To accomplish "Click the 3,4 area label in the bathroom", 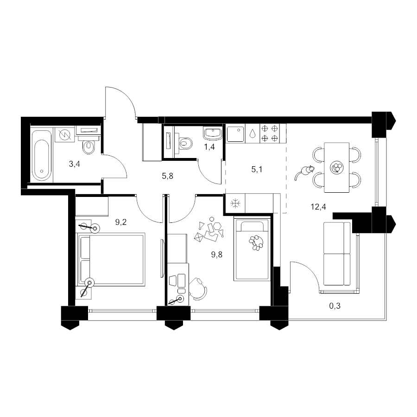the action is pyautogui.click(x=75, y=164).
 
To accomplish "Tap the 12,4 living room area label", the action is pyautogui.click(x=318, y=207).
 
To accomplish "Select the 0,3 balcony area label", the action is pyautogui.click(x=335, y=306).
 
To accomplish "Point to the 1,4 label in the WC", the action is pyautogui.click(x=209, y=147).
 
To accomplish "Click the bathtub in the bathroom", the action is pyautogui.click(x=42, y=154).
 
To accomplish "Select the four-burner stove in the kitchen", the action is pyautogui.click(x=269, y=133).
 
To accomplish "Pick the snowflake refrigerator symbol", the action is pyautogui.click(x=235, y=204).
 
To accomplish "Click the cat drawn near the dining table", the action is pyautogui.click(x=303, y=173).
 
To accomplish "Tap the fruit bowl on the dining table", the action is pyautogui.click(x=337, y=168).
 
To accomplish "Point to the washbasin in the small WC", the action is pyautogui.click(x=213, y=133).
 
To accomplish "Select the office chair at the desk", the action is pyautogui.click(x=198, y=289).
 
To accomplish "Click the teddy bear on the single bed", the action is pyautogui.click(x=257, y=242).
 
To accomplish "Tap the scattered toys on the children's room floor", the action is pyautogui.click(x=209, y=230).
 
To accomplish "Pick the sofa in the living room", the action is pyautogui.click(x=337, y=254).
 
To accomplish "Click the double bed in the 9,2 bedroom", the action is pyautogui.click(x=111, y=259).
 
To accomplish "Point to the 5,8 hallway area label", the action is pyautogui.click(x=168, y=176).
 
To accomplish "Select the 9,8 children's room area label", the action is pyautogui.click(x=217, y=255).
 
